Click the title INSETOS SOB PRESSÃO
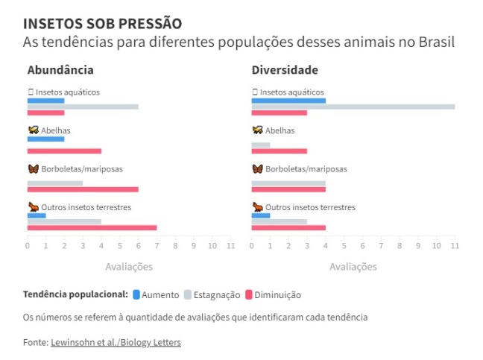(x=102, y=24)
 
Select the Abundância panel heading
(x=60, y=70)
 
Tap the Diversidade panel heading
(x=285, y=70)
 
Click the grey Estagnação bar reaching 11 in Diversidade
(x=353, y=107)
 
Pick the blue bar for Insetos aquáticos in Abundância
(x=45, y=101)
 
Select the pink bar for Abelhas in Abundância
(x=64, y=151)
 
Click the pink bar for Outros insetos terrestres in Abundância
(x=92, y=227)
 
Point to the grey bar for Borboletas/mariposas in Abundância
(x=54, y=183)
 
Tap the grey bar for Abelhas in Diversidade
(x=261, y=145)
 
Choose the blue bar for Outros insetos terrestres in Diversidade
(x=261, y=215)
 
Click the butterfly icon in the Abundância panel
(x=32, y=169)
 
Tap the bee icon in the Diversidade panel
(x=257, y=130)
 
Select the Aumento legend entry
(x=156, y=294)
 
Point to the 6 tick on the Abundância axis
(x=138, y=246)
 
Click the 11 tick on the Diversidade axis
(x=454, y=246)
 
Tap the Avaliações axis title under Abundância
(x=128, y=266)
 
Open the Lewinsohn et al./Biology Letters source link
(x=116, y=342)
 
